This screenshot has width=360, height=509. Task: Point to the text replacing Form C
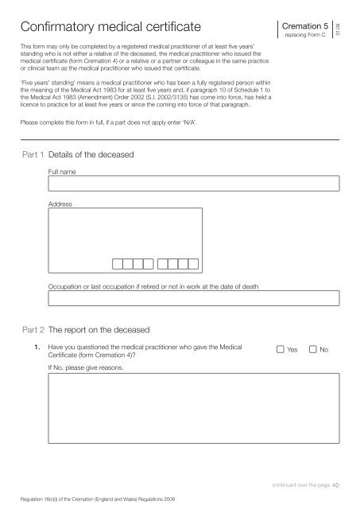(x=307, y=37)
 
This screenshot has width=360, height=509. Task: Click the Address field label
(x=60, y=204)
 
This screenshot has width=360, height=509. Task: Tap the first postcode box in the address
(x=118, y=264)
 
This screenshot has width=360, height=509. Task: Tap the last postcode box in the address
(x=192, y=264)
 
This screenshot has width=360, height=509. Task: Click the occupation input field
(x=194, y=299)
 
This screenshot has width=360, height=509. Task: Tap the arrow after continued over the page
(x=335, y=484)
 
